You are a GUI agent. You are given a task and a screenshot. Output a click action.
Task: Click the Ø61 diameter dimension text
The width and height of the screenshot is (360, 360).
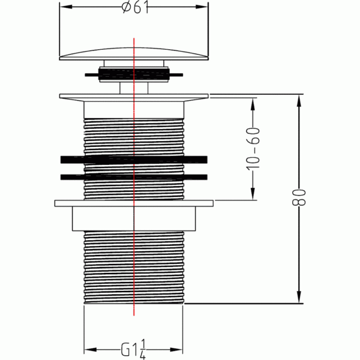(x=135, y=7)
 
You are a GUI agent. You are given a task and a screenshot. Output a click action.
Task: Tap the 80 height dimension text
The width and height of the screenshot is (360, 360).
(x=299, y=197)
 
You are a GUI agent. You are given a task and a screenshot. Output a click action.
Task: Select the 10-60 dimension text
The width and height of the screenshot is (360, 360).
(x=253, y=149)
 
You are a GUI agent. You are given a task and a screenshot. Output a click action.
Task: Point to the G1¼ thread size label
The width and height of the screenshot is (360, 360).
(x=133, y=349)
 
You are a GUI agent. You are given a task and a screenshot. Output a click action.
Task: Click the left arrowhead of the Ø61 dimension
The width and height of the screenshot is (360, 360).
(x=66, y=7)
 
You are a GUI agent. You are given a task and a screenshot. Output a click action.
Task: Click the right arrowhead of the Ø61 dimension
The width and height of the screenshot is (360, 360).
(x=202, y=7)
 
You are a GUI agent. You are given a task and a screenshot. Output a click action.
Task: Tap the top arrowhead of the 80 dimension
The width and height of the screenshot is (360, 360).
(x=299, y=101)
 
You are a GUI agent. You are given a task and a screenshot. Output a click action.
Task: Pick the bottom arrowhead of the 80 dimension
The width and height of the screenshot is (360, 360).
(x=299, y=297)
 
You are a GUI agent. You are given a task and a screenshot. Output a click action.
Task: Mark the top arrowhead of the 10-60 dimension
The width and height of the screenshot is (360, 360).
(x=253, y=104)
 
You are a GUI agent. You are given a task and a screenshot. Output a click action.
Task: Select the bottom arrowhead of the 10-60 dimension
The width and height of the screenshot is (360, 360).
(x=253, y=194)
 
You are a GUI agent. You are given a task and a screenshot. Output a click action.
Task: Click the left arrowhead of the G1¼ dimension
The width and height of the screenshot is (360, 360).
(x=91, y=350)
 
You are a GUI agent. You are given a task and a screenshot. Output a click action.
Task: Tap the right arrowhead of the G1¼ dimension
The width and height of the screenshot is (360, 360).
(x=176, y=350)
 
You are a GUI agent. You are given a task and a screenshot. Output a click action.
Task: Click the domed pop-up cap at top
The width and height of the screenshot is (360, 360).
(x=134, y=54)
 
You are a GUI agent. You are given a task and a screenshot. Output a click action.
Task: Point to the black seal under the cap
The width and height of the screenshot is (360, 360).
(x=134, y=74)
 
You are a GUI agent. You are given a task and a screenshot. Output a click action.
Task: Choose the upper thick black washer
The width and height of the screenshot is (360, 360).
(x=134, y=160)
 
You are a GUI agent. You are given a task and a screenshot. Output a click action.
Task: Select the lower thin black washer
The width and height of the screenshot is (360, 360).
(x=134, y=177)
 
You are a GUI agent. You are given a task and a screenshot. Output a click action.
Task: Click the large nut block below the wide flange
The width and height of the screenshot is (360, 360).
(x=134, y=218)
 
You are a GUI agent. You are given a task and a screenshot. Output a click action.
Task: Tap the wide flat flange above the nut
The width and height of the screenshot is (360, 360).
(x=134, y=203)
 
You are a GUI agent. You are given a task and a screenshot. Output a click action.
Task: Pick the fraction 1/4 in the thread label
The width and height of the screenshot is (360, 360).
(x=143, y=349)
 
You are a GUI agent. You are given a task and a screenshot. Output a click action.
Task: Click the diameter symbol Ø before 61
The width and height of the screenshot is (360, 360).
(x=127, y=7)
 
